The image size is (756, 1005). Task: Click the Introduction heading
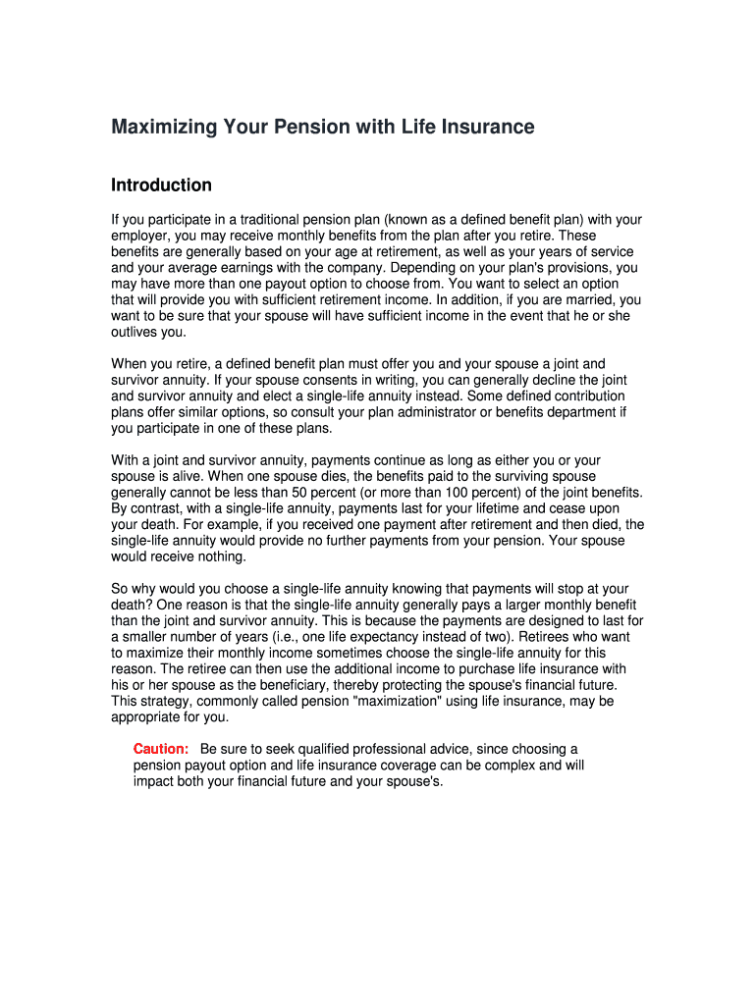[161, 185]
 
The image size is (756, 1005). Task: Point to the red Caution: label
[161, 749]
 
